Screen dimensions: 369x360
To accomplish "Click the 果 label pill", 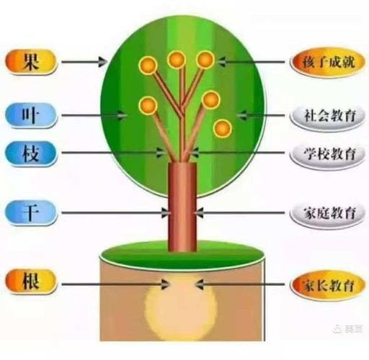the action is [31, 62].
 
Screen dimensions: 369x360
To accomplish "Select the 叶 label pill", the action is [31, 115].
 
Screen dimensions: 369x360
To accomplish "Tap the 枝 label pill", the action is [31, 153].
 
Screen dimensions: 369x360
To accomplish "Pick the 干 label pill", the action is [31, 212].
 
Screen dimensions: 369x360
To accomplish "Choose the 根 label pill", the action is [31, 282].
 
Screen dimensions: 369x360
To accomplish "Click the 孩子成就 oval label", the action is [328, 62].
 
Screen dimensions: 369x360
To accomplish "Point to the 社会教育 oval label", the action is [328, 116].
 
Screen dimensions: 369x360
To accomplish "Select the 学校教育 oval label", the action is [328, 154].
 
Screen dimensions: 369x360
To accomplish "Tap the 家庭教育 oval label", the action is [328, 213].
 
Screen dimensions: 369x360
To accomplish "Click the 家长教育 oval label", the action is [328, 285].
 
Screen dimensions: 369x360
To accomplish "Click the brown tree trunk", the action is [182, 207].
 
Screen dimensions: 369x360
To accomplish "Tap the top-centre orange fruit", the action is [177, 60].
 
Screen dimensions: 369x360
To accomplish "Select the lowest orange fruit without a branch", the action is [223, 128].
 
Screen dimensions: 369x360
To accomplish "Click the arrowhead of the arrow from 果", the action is [103, 62].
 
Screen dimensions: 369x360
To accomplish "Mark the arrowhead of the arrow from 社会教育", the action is [241, 115].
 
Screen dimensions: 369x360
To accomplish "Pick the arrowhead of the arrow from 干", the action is [166, 212].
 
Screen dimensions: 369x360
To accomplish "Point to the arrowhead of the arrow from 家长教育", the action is [200, 284].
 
